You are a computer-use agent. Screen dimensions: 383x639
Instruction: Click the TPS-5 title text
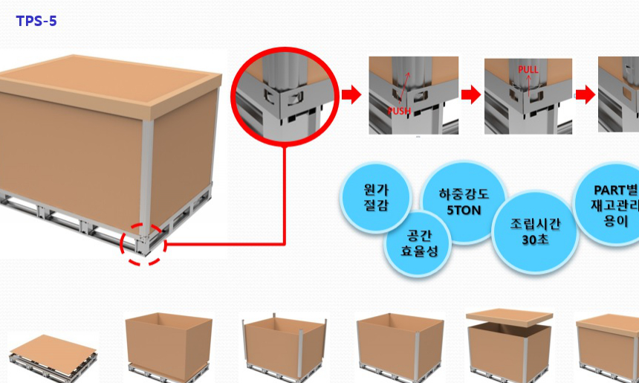(36, 21)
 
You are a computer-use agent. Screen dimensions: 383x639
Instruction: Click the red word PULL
(528, 70)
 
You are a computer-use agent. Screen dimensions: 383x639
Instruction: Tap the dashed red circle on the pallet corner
(143, 243)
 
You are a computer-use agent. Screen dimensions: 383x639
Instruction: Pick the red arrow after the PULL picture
(586, 94)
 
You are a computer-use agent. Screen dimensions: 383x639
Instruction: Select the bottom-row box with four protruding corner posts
(285, 346)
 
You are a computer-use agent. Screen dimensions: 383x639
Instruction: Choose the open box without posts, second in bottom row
(169, 342)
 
